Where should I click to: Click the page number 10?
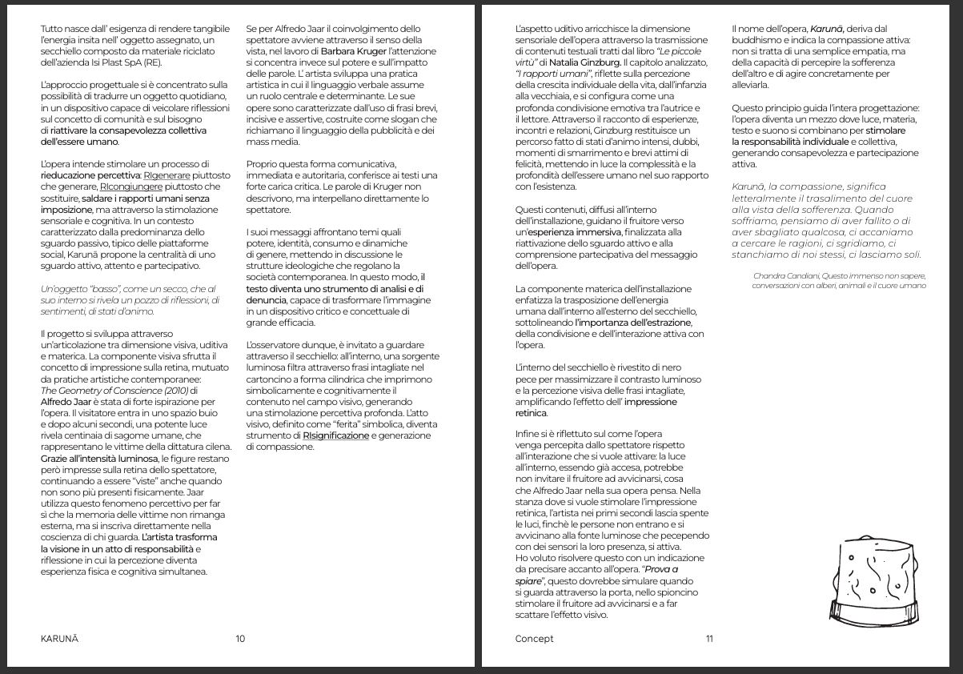(240, 638)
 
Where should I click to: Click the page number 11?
(709, 638)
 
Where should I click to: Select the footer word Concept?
(534, 638)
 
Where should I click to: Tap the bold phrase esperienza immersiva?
(571, 232)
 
